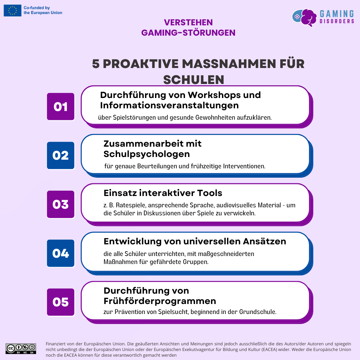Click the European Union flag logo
coord(13,10)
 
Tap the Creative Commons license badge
coord(21,348)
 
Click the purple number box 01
coord(61,107)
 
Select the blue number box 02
coord(61,156)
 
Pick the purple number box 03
coord(61,204)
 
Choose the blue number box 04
coord(61,253)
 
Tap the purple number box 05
coord(61,302)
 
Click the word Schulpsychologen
coord(147,154)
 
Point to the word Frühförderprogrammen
coord(160,301)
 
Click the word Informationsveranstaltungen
coord(169,105)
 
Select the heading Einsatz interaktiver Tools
coord(163,193)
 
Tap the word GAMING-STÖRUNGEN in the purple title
coord(188,33)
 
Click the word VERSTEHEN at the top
coord(188,22)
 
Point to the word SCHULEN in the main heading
coord(194,80)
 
